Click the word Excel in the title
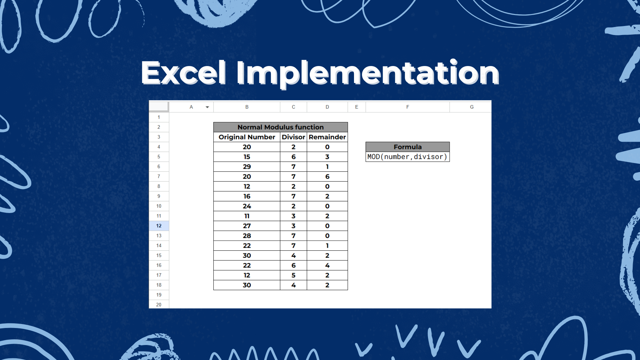[184, 73]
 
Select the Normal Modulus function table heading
[280, 127]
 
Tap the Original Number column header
[247, 137]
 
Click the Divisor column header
[293, 137]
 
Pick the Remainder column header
[327, 137]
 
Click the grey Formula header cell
[407, 147]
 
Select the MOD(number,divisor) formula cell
[407, 157]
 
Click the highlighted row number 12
[159, 226]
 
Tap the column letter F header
[407, 107]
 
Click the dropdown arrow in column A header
[207, 107]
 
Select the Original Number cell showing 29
[247, 167]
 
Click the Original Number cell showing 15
[247, 157]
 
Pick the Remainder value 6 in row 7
[327, 176]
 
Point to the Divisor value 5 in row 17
[293, 275]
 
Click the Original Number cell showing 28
[247, 236]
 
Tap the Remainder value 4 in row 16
[327, 265]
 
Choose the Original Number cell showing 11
[247, 216]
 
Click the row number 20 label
[159, 305]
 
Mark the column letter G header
[472, 107]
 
